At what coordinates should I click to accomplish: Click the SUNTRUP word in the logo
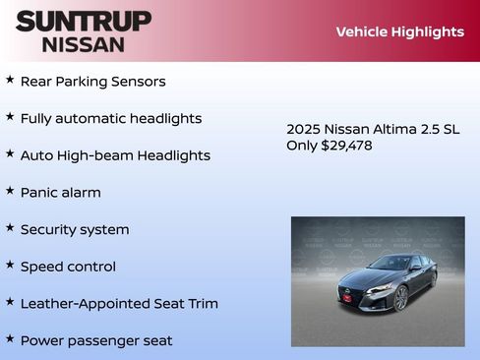(x=84, y=21)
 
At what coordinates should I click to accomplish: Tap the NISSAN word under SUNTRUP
(x=83, y=44)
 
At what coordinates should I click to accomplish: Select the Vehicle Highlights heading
(x=399, y=31)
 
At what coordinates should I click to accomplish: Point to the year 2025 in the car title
(x=303, y=129)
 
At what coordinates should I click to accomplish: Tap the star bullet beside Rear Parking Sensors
(x=10, y=80)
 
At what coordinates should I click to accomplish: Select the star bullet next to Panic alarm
(x=10, y=191)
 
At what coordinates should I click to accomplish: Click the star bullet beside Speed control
(x=10, y=265)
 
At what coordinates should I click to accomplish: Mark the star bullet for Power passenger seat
(x=10, y=338)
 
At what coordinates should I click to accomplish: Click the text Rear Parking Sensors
(x=92, y=82)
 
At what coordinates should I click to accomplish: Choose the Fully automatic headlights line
(x=110, y=118)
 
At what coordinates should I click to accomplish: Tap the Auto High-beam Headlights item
(x=115, y=155)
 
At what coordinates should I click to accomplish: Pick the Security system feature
(x=75, y=229)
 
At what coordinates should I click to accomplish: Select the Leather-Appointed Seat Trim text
(x=119, y=303)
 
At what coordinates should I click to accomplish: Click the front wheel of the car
(x=401, y=298)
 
